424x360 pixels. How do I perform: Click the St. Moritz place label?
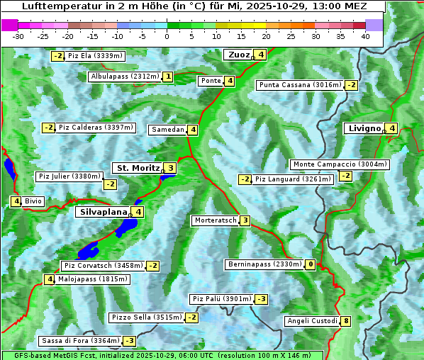tap(138, 168)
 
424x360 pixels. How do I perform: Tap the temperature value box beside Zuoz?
tap(261, 55)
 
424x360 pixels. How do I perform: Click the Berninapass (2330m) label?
tap(264, 264)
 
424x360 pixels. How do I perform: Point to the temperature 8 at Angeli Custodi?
tap(345, 321)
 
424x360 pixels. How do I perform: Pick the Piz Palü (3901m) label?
tap(222, 299)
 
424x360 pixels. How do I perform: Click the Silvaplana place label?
tap(104, 211)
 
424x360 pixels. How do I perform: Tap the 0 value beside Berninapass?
tap(311, 264)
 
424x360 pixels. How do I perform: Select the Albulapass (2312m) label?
tap(125, 77)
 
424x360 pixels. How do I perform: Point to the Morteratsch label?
tap(215, 220)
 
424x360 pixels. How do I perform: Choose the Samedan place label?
tap(167, 130)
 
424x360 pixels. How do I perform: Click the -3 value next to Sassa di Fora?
tap(129, 341)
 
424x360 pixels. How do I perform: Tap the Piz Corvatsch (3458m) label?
tap(103, 266)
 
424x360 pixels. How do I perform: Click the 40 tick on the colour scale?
tap(365, 36)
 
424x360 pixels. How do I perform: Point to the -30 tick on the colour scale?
tap(18, 36)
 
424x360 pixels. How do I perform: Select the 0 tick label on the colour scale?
tap(167, 36)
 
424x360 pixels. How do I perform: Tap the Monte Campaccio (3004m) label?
tap(340, 164)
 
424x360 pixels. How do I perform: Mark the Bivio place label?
tap(33, 201)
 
